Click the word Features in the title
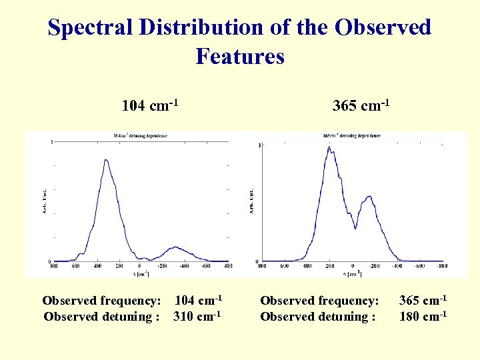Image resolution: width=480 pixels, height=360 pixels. (240, 57)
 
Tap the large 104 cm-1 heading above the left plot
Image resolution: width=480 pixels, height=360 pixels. (150, 105)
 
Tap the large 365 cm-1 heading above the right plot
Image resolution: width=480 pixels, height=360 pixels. (361, 105)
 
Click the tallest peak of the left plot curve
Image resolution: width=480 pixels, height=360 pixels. (105, 160)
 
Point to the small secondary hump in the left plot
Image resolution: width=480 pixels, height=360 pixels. (174, 247)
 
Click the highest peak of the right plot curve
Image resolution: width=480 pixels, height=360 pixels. (329, 147)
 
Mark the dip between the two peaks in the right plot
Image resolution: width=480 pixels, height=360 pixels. (355, 228)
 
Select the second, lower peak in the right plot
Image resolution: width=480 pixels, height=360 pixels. (369, 197)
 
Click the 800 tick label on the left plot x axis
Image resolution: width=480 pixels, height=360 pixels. (54, 267)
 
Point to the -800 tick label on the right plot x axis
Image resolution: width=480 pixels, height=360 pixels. (441, 267)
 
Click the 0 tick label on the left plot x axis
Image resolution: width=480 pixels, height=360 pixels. (141, 267)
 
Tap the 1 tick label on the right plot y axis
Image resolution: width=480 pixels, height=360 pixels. (259, 145)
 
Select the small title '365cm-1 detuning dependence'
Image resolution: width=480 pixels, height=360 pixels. (351, 136)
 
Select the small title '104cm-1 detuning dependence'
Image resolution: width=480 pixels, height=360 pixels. (141, 135)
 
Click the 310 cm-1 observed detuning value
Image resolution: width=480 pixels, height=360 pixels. (197, 316)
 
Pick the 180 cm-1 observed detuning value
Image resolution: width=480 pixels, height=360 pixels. (423, 316)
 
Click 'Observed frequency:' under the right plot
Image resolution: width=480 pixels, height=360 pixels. (319, 301)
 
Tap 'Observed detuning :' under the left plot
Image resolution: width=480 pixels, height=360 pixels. (101, 316)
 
